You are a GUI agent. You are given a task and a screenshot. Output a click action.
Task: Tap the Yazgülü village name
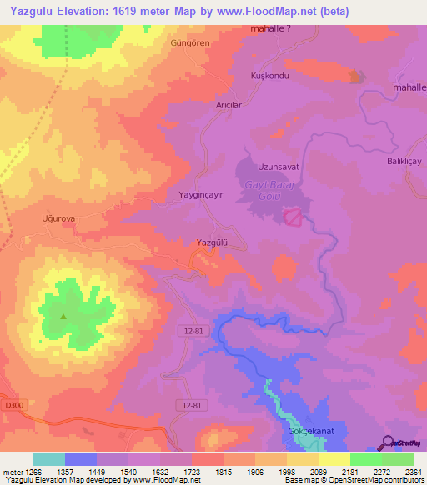[211, 242]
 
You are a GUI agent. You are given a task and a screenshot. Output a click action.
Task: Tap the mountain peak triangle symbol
[63, 316]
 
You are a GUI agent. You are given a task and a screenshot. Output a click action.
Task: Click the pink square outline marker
[293, 217]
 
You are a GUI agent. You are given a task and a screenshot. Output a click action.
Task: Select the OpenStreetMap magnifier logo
[386, 443]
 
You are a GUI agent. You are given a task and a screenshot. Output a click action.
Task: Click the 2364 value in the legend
[402, 472]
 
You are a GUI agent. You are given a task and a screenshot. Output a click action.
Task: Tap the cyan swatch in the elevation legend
[48, 459]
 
